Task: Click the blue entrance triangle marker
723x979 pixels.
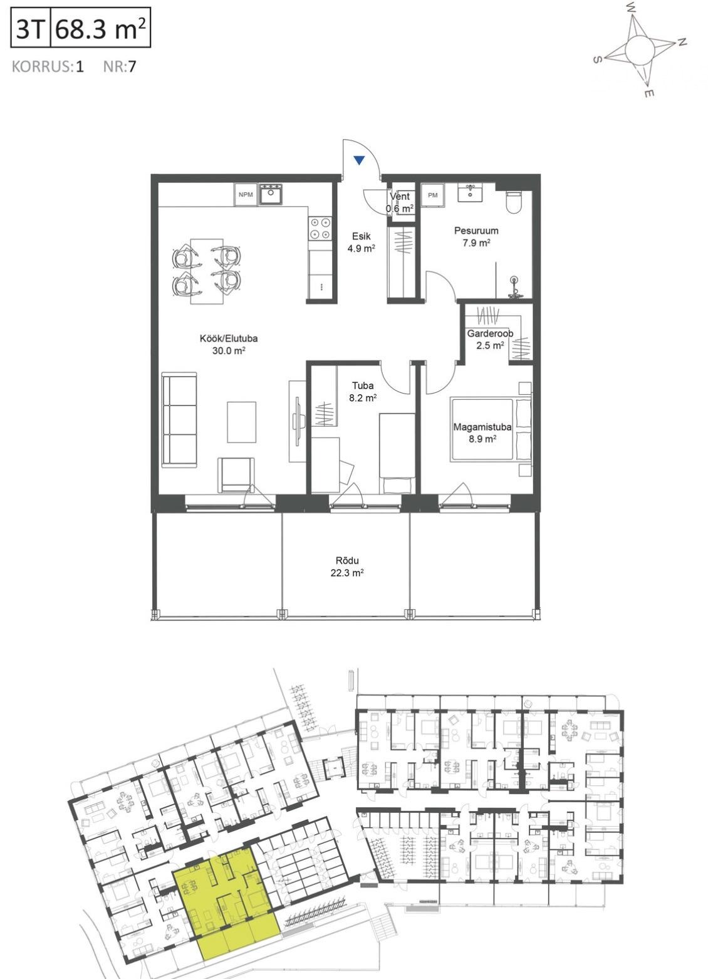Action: click(x=360, y=160)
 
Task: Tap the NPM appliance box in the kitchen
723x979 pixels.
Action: click(x=246, y=195)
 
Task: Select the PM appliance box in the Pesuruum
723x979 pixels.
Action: click(x=432, y=195)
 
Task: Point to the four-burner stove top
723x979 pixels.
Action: click(x=320, y=229)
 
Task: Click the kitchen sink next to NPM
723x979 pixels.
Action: click(x=271, y=194)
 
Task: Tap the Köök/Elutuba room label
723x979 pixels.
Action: click(x=229, y=338)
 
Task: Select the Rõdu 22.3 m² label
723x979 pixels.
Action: click(x=347, y=567)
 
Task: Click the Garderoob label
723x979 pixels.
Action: click(x=490, y=333)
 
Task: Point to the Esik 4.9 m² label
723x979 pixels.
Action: click(x=361, y=242)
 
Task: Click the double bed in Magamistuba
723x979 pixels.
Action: click(x=491, y=430)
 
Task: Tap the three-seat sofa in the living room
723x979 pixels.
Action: click(x=179, y=419)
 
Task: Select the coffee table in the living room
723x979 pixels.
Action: click(x=241, y=422)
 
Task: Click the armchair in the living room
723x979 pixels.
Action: click(x=236, y=474)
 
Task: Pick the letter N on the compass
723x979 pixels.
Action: click(x=682, y=42)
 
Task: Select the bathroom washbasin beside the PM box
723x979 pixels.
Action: click(x=471, y=192)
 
